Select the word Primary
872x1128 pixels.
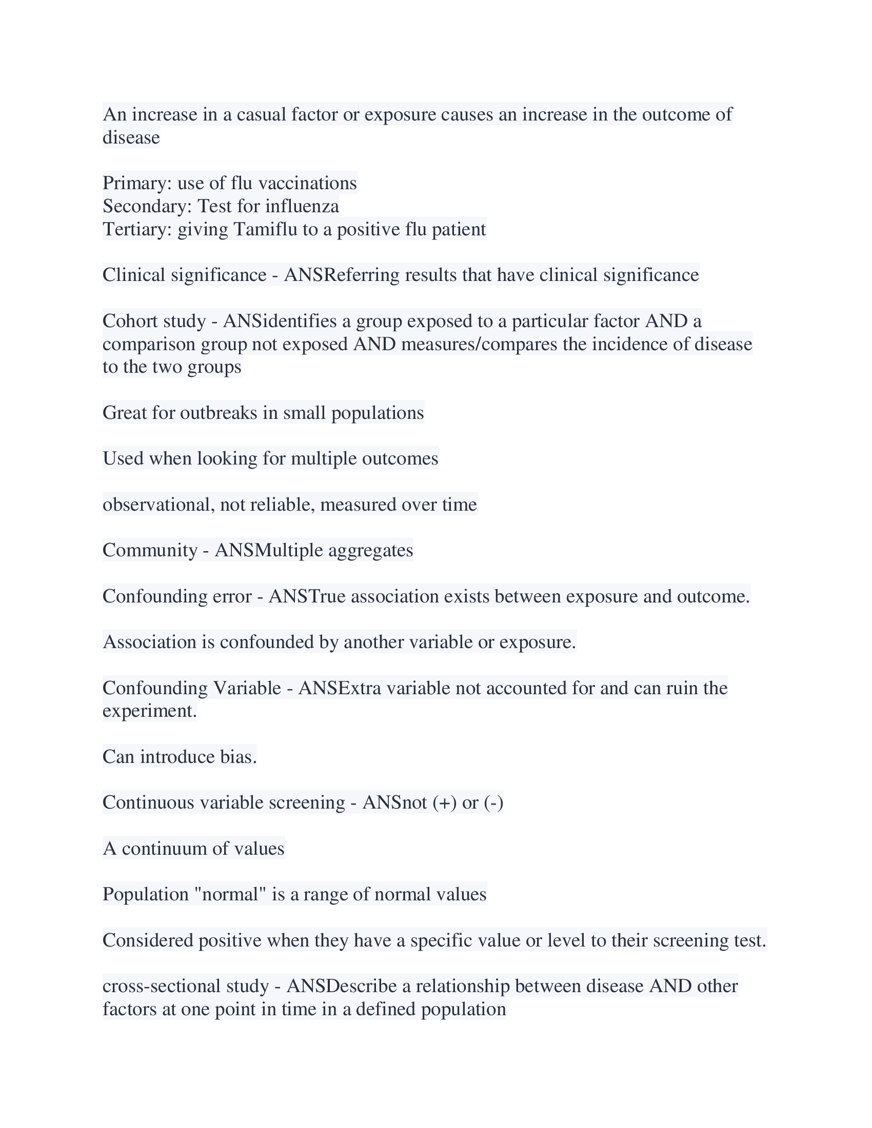click(x=137, y=183)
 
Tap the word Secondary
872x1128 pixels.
click(x=147, y=206)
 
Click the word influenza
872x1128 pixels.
click(x=302, y=206)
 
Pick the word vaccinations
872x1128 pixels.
click(x=307, y=183)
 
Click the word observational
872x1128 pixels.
click(x=158, y=504)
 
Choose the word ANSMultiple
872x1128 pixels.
click(x=269, y=550)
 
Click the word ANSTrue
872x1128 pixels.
click(x=307, y=596)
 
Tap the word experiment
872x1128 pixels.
click(x=149, y=711)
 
